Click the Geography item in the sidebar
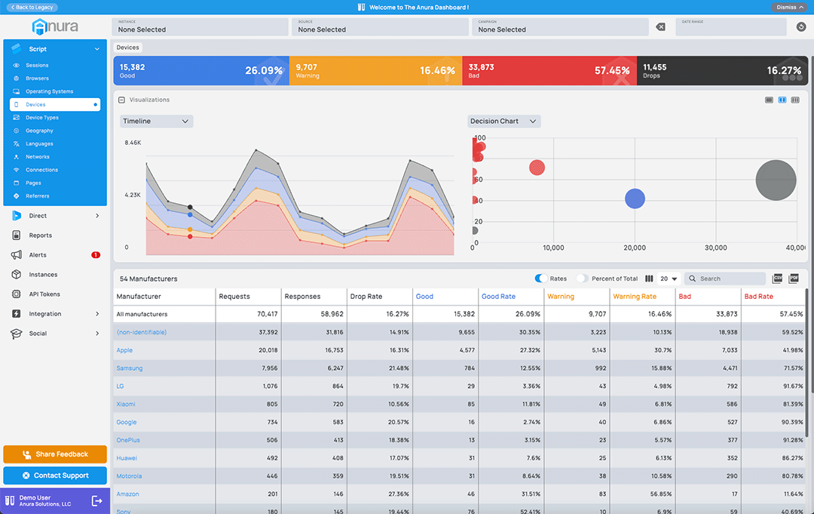point(39,131)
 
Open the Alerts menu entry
point(38,255)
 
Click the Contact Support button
point(55,476)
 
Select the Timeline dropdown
point(156,122)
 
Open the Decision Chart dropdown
point(503,122)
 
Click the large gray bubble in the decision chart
point(776,180)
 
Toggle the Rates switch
point(541,279)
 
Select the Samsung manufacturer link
point(129,368)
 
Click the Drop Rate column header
point(366,297)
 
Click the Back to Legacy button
point(32,7)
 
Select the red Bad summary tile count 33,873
point(481,67)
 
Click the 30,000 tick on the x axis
point(715,248)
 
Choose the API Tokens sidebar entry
point(44,294)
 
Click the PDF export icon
point(793,279)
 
